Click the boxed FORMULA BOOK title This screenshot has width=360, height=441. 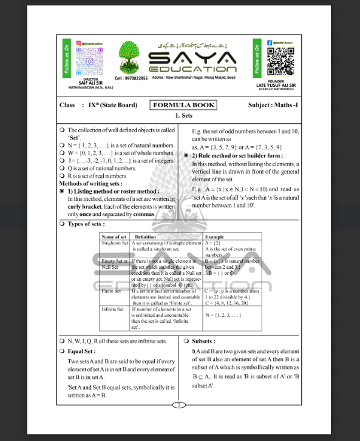183,105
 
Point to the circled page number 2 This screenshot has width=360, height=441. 180,405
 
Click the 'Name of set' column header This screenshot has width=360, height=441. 115,237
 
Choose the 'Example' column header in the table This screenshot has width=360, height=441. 214,237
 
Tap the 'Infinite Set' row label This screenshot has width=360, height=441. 112,309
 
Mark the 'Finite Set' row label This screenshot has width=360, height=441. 111,291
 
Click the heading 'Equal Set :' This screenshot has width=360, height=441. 82,351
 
